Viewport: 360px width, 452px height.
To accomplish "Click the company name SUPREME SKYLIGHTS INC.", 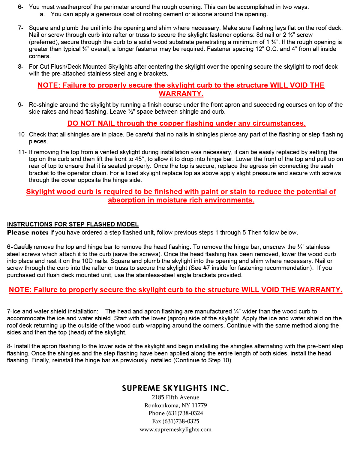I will coord(175,388).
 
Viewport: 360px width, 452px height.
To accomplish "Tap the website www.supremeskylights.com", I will coord(175,430).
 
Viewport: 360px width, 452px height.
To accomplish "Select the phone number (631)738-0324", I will coord(184,413).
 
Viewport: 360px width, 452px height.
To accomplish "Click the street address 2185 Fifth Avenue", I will coord(175,397).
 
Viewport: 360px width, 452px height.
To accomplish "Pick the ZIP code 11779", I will coord(199,406).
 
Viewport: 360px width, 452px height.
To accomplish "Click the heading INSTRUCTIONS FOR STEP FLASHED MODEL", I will coord(73,224).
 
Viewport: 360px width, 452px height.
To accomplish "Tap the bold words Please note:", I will coord(28,232).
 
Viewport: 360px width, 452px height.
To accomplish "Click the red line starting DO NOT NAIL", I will coord(186,123).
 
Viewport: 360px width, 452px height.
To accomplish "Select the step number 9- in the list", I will coord(21,105).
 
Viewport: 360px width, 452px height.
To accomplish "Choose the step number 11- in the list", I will coord(22,152).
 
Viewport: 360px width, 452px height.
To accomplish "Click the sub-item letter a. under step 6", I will coord(42,14).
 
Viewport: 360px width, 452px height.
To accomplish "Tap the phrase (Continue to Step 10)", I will coord(202,360).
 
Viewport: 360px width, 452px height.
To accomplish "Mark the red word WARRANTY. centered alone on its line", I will coord(181,94).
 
